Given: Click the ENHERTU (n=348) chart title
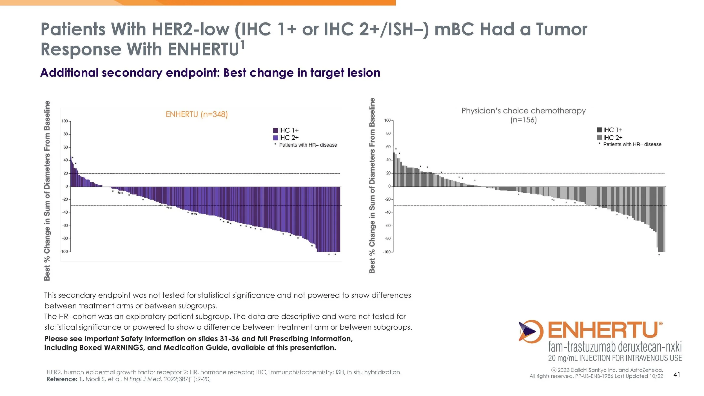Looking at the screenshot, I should click(x=197, y=114).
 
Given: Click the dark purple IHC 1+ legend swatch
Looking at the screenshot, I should click(x=275, y=130).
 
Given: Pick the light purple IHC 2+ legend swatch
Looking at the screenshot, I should click(x=275, y=138).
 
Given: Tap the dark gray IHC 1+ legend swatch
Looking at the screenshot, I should click(x=600, y=130).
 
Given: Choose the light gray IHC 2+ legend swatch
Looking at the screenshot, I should click(x=600, y=137).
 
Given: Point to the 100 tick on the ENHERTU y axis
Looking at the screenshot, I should click(x=65, y=121).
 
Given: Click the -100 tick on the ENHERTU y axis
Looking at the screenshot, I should click(x=64, y=251).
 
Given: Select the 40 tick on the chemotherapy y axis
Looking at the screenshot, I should click(x=388, y=160).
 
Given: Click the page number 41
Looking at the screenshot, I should click(x=677, y=374).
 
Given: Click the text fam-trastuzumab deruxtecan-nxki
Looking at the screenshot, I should click(x=615, y=346).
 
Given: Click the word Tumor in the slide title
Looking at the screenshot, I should click(x=562, y=29).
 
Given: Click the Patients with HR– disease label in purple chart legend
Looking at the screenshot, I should click(x=308, y=145).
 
